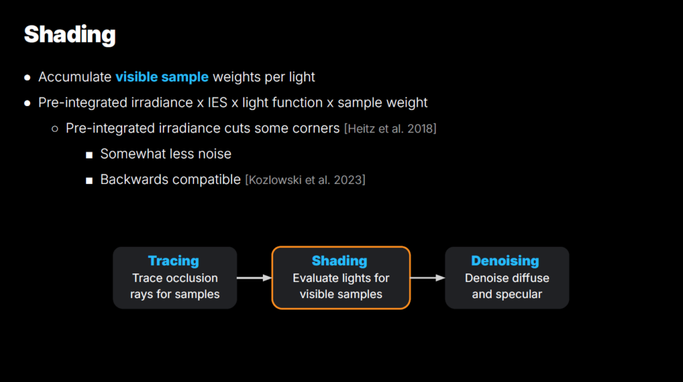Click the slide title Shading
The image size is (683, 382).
(x=69, y=35)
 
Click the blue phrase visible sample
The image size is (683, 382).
(x=162, y=77)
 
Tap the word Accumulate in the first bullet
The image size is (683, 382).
(x=75, y=77)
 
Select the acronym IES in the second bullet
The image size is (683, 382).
(x=217, y=103)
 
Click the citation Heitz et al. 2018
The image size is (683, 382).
(x=390, y=129)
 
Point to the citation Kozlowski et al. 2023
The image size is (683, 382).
(x=305, y=180)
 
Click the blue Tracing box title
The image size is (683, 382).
(x=173, y=261)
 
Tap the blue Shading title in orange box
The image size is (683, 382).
(x=339, y=261)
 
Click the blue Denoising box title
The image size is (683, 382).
(x=506, y=261)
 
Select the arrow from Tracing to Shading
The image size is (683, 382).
(x=254, y=278)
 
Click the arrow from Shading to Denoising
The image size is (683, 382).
(x=428, y=278)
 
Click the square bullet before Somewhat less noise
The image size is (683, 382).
(x=89, y=155)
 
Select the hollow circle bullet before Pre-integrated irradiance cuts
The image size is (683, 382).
(x=55, y=129)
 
